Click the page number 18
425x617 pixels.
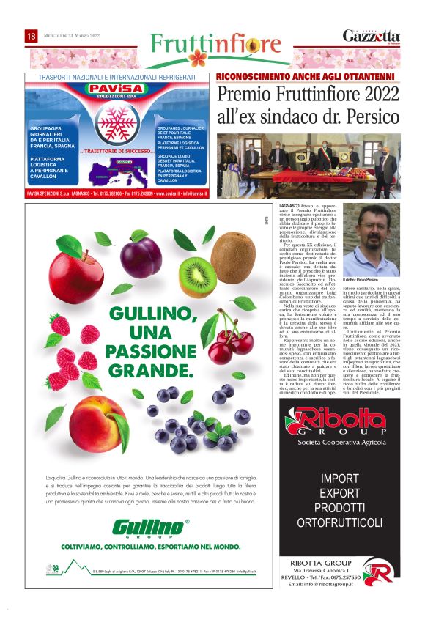click(x=32, y=36)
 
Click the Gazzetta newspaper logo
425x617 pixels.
click(x=372, y=37)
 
